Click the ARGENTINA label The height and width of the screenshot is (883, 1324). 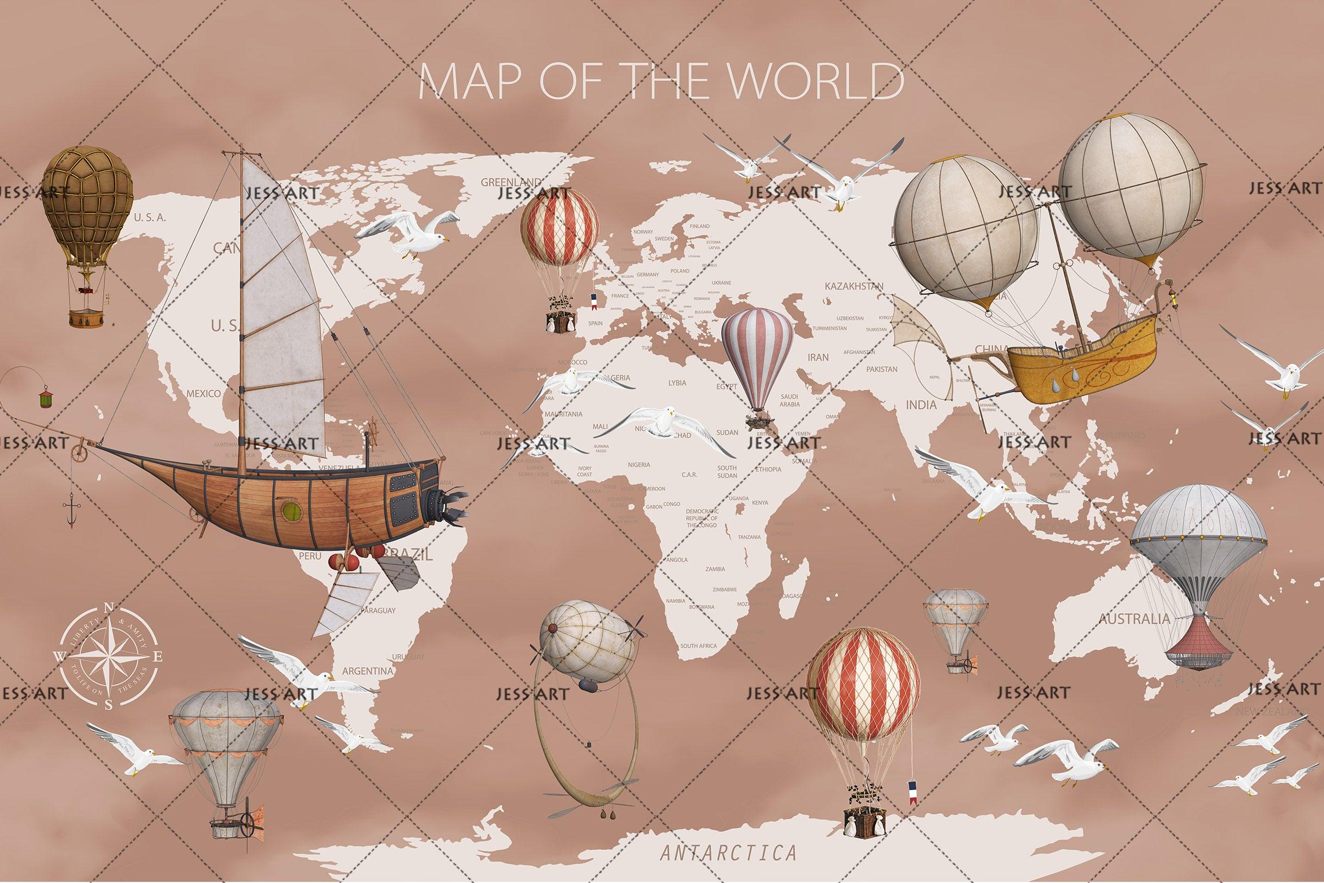coord(367,671)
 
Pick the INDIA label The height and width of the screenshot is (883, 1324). coord(921,404)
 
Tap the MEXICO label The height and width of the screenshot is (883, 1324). coord(204,393)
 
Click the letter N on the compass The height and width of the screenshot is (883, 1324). coord(109,607)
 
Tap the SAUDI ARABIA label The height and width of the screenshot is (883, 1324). coord(789,400)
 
